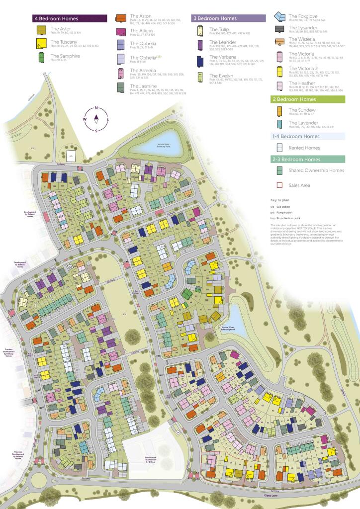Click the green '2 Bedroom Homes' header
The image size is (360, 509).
tap(308, 99)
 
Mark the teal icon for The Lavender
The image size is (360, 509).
tap(279, 124)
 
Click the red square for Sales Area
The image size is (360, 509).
tap(279, 185)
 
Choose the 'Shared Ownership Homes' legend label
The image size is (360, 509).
tap(316, 170)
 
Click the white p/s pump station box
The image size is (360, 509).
tap(71, 154)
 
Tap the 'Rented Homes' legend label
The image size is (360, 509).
tap(304, 148)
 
